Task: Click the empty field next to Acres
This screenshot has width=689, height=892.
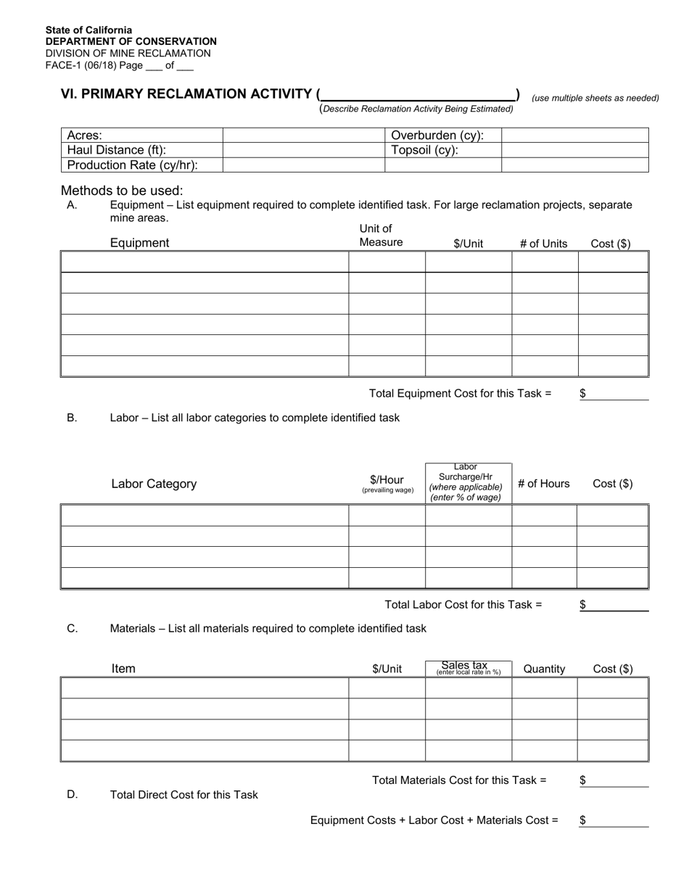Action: tap(303, 136)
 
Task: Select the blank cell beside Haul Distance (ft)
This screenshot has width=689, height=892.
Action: tap(303, 150)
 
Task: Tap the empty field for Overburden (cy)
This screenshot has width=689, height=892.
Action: tap(574, 136)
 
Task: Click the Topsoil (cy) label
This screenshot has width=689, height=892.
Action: tap(425, 150)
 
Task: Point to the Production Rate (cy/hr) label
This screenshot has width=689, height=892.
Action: tap(133, 165)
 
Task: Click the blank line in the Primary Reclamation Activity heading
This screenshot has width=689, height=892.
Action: tap(418, 94)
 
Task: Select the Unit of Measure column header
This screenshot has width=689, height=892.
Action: tap(381, 236)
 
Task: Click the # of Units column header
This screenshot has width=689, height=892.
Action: tap(543, 244)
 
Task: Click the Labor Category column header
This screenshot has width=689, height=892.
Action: tap(154, 484)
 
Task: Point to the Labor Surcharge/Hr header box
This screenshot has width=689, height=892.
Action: tap(469, 483)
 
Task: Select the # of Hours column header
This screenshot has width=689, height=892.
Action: tap(543, 484)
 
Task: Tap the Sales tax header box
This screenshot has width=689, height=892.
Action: tap(469, 668)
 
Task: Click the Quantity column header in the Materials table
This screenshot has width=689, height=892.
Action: tap(543, 669)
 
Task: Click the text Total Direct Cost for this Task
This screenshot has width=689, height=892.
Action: tap(183, 795)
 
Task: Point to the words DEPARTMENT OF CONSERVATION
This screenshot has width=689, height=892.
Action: tap(131, 41)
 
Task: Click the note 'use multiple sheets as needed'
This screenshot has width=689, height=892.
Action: tap(595, 98)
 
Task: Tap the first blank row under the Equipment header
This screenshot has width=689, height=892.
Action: tap(205, 262)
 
